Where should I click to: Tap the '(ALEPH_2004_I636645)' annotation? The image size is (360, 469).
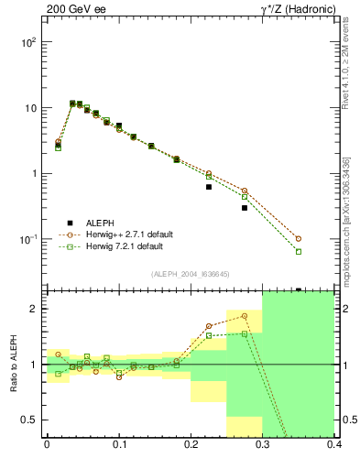(x=191, y=274)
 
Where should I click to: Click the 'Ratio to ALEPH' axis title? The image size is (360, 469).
(x=14, y=364)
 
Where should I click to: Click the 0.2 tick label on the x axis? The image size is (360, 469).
(x=191, y=445)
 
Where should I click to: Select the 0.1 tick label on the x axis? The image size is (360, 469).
(x=119, y=445)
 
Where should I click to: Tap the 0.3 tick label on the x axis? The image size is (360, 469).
(x=263, y=445)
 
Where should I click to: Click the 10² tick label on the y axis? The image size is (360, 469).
(x=29, y=43)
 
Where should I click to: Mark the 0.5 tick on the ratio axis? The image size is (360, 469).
(x=32, y=420)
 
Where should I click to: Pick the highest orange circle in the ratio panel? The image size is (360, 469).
(x=245, y=316)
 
